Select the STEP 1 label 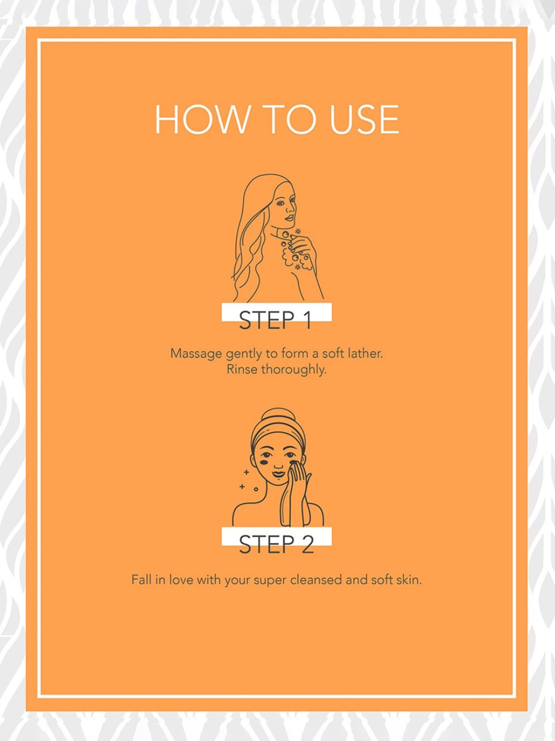[275, 320]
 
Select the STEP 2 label [276, 544]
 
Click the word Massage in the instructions [196, 354]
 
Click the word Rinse [242, 369]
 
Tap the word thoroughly [294, 370]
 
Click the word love [181, 579]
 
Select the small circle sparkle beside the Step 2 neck [256, 489]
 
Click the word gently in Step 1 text [244, 354]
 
